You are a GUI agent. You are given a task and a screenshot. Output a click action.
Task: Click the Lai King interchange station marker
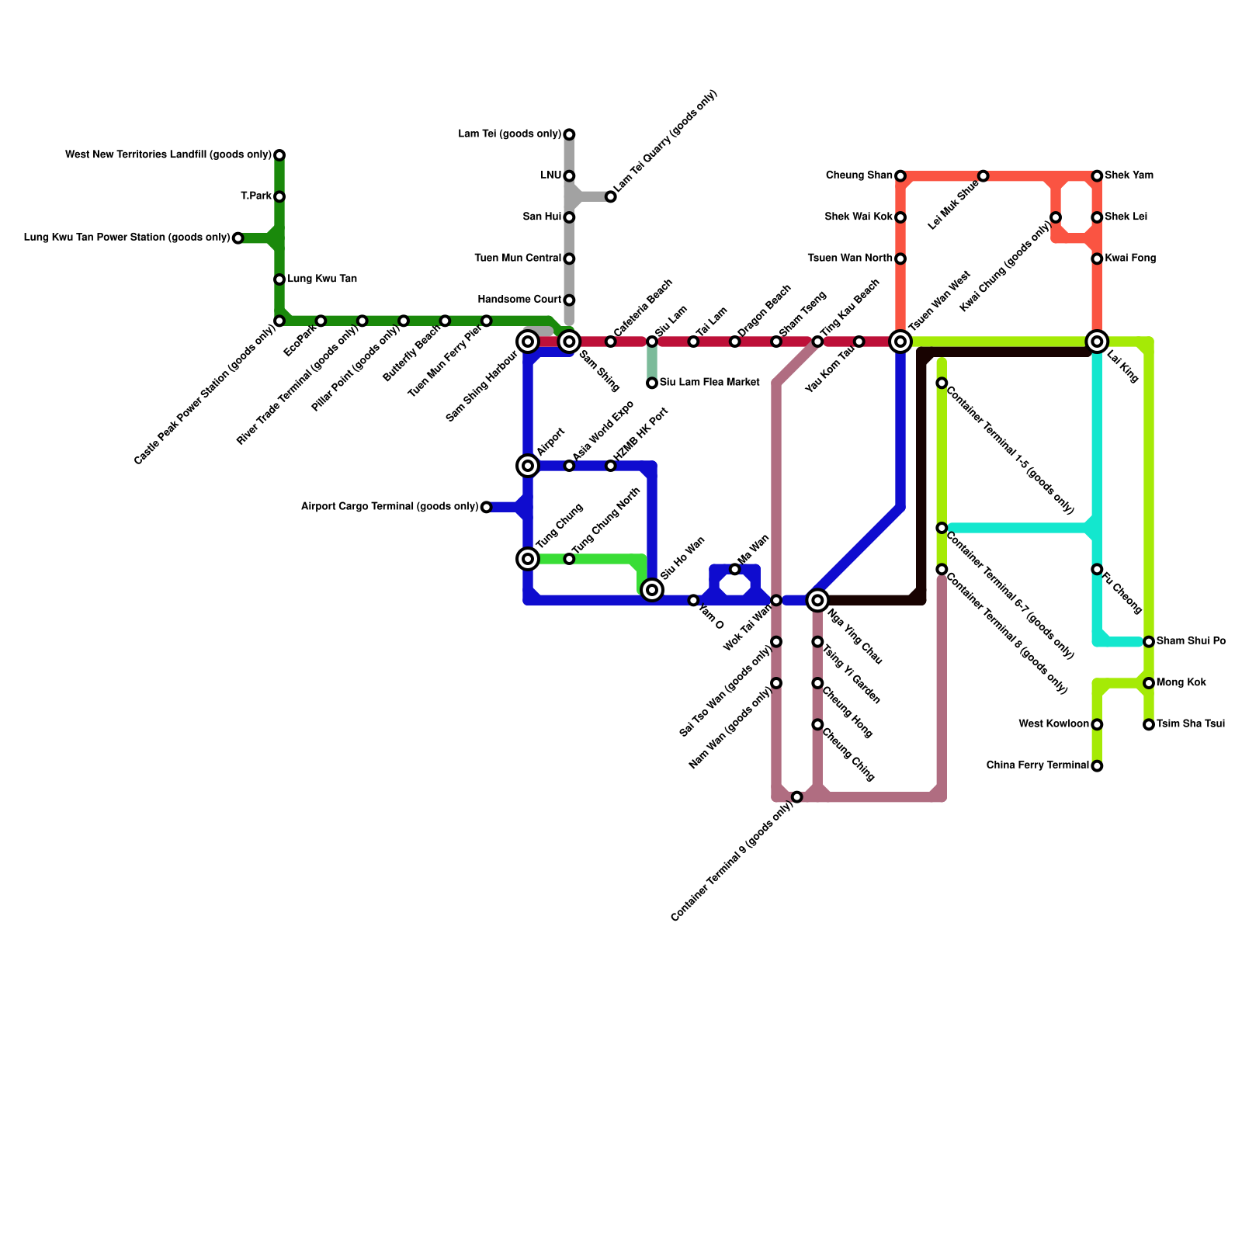(1097, 341)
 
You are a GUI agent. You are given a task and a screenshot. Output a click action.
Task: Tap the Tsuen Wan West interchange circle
(900, 341)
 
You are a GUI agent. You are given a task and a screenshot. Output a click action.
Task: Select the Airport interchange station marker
(528, 466)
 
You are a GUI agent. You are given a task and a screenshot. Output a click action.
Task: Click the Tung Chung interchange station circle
(528, 559)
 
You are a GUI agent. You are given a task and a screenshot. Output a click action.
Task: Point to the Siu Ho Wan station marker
(653, 591)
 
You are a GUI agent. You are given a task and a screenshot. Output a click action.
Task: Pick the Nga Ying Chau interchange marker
(817, 600)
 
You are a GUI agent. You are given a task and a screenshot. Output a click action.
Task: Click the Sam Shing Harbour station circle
(528, 341)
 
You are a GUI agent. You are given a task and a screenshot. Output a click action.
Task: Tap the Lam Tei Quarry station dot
(611, 197)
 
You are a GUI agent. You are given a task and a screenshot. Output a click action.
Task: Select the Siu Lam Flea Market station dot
(652, 383)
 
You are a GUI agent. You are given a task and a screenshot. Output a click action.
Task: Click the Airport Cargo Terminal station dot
(487, 508)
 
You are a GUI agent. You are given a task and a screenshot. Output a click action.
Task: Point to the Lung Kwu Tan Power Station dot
(238, 238)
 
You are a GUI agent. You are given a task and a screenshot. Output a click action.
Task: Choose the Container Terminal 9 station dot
(797, 797)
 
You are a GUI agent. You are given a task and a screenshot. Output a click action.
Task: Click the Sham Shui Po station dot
(1149, 642)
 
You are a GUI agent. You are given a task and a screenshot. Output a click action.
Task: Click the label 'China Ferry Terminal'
(1037, 765)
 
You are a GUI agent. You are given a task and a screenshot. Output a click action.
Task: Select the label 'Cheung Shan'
(859, 175)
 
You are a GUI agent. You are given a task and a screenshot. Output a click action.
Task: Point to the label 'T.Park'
(255, 196)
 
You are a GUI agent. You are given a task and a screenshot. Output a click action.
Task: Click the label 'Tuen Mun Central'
(518, 258)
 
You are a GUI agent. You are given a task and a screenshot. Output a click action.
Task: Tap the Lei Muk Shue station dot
(984, 176)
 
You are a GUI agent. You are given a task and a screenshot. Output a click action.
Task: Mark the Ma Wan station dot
(735, 570)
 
